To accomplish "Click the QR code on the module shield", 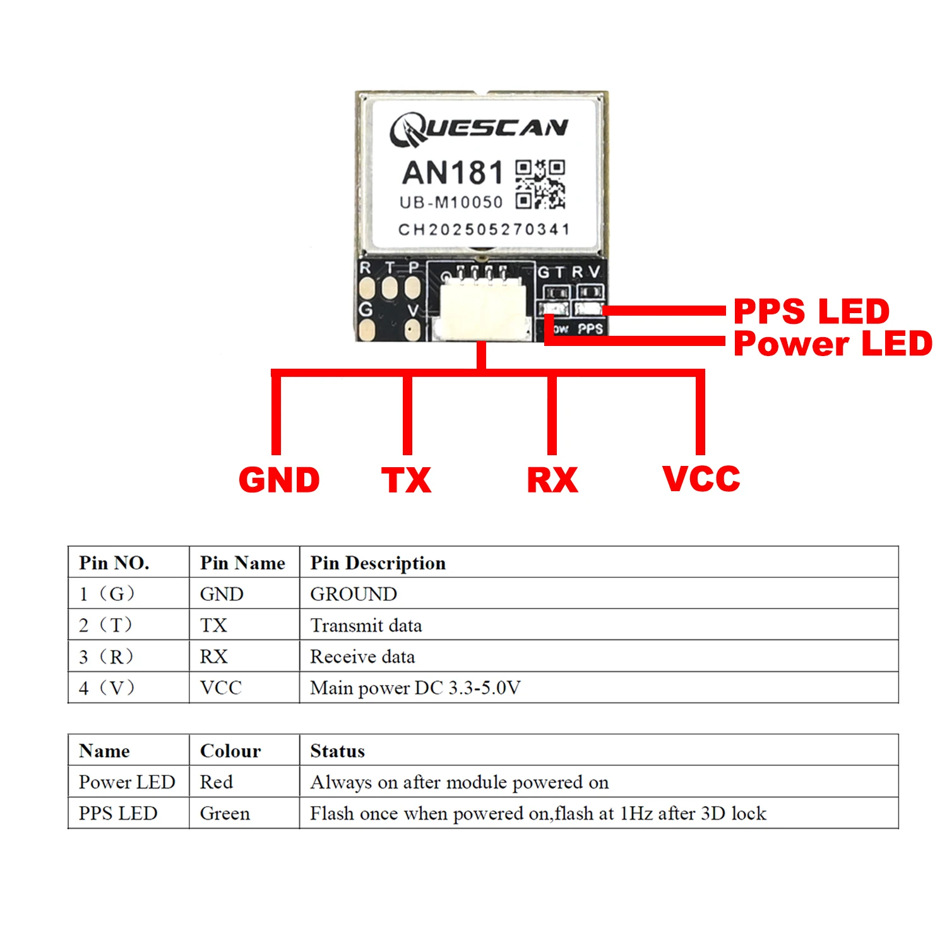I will click(x=540, y=184).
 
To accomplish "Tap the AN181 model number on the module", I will click(x=453, y=173).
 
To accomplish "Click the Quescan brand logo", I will click(x=479, y=129).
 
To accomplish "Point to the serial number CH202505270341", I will click(x=484, y=229).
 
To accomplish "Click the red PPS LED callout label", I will click(x=811, y=311).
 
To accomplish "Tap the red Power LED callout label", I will click(x=833, y=343).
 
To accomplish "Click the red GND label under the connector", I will click(x=279, y=480).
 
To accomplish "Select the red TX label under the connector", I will click(x=407, y=480).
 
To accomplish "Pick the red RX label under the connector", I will click(x=552, y=480).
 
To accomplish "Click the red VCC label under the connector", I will click(x=701, y=479).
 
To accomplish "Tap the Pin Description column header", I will click(x=378, y=563).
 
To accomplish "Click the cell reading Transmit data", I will click(x=366, y=625).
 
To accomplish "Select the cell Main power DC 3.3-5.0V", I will click(x=415, y=688).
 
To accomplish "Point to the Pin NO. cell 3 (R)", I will click(x=107, y=657).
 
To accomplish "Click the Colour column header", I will click(x=230, y=751).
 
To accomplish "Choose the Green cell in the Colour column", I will click(x=225, y=813).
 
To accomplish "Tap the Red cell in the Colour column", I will click(x=217, y=782).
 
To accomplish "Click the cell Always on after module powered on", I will click(x=460, y=782).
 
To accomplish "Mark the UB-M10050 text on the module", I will click(x=451, y=203).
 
